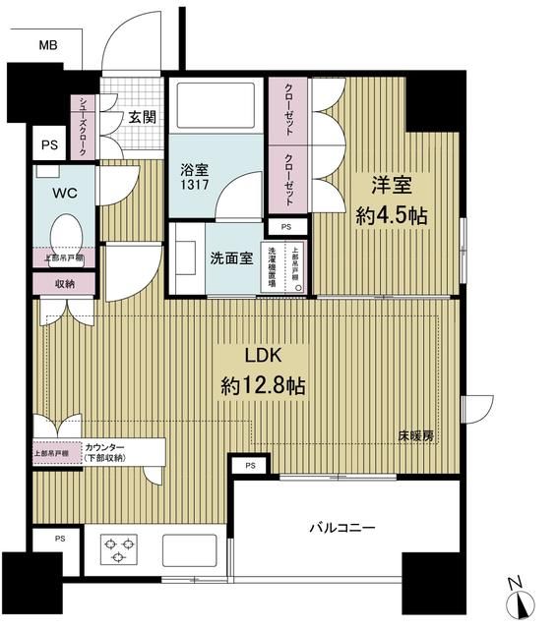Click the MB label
click(47, 45)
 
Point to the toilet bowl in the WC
click(66, 234)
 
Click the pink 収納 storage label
click(64, 284)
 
